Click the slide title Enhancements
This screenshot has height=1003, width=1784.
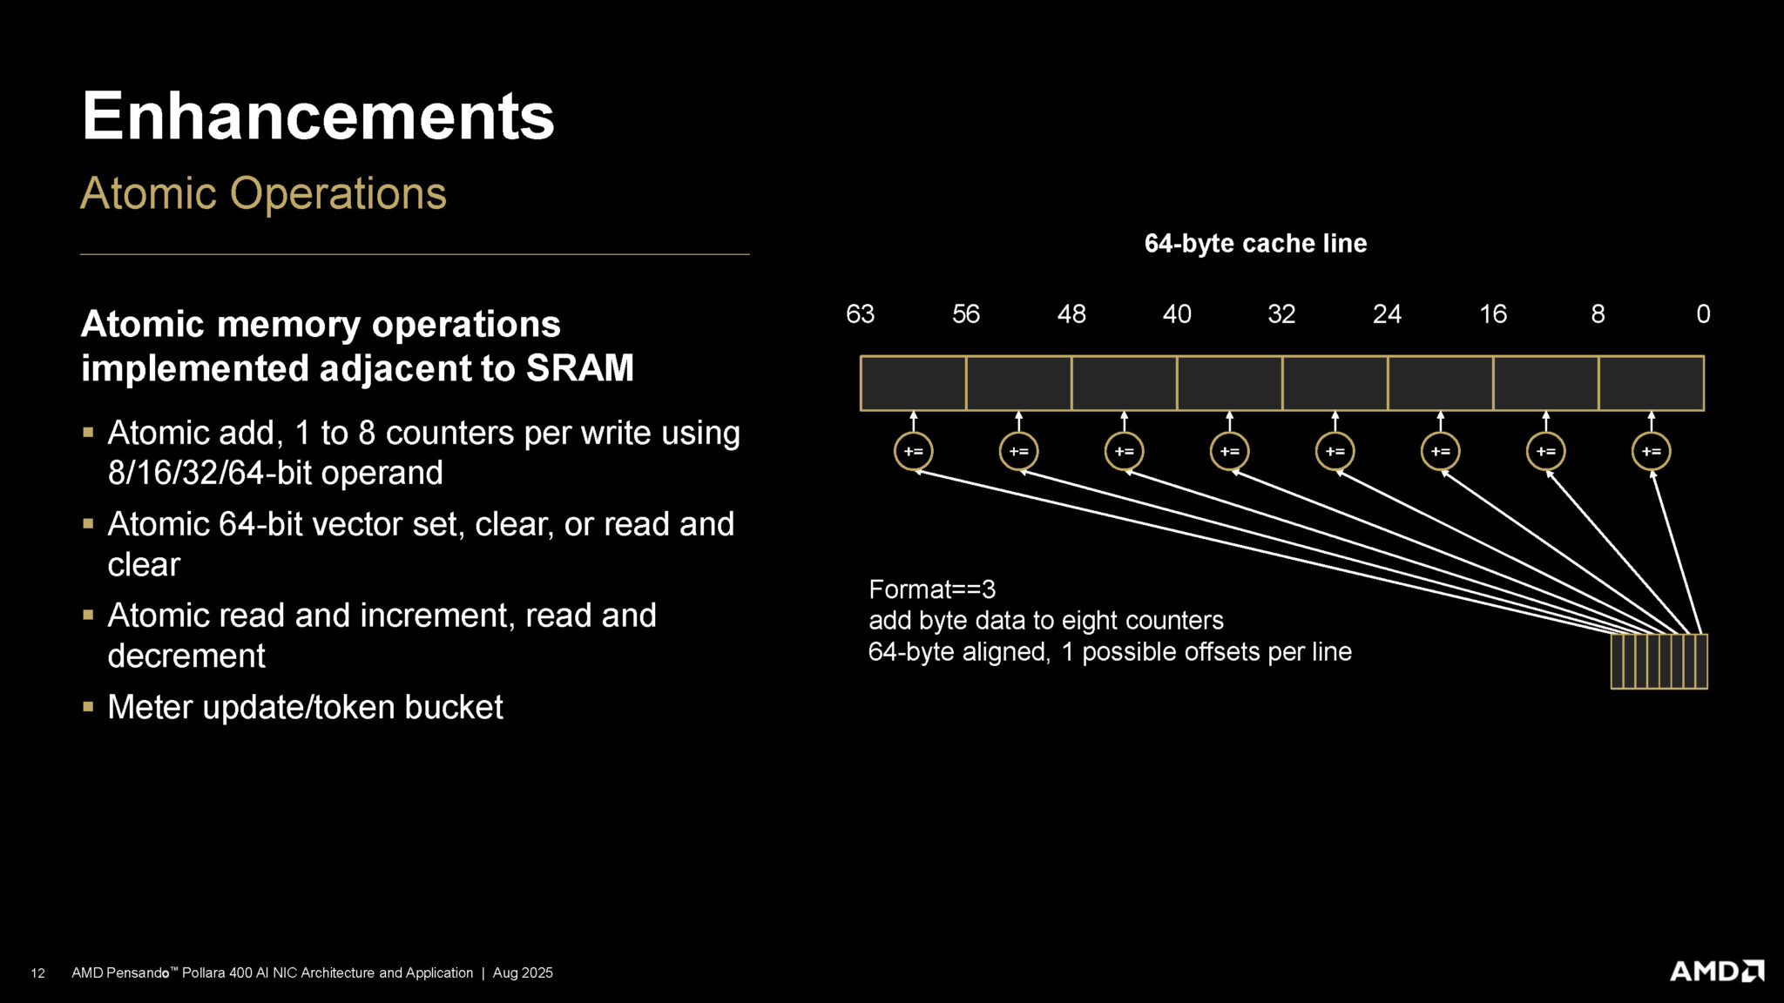coord(318,117)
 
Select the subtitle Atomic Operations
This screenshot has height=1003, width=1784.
coord(263,193)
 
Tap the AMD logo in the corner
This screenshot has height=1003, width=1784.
coord(1716,971)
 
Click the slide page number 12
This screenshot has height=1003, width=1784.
coord(37,973)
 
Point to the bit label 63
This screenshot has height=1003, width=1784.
coord(860,314)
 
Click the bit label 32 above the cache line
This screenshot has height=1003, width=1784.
coord(1281,314)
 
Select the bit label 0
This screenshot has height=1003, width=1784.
coord(1703,314)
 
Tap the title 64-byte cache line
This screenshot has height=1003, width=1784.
coord(1255,244)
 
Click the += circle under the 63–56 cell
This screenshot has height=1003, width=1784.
coord(913,451)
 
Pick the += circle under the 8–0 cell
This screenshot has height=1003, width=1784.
coord(1651,451)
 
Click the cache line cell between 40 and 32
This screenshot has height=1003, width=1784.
coord(1229,383)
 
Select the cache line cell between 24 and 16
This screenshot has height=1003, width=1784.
coord(1440,383)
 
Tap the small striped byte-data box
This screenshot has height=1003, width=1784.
coord(1659,662)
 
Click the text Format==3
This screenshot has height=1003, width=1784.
coord(931,589)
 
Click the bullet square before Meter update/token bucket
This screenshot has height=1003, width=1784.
coord(88,706)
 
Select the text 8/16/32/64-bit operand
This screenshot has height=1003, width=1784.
coord(275,473)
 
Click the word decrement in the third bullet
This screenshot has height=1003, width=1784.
coord(186,656)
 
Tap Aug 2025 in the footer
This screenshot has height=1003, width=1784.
coord(523,973)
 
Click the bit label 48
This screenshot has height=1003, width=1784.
coord(1071,314)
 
